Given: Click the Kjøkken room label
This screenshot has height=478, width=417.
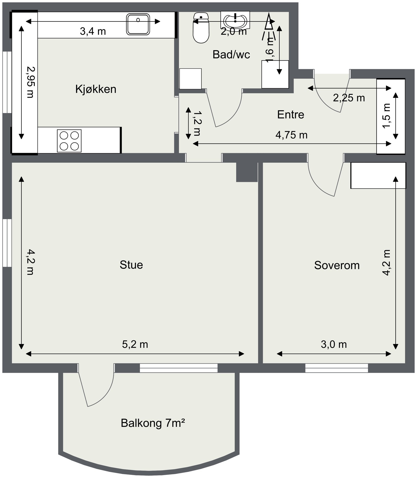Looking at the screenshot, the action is (96, 89).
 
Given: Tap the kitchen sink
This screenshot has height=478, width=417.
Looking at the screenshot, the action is (138, 24).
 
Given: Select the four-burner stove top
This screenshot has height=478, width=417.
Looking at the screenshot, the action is (69, 141).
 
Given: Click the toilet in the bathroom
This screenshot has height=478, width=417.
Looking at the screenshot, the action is (201, 28).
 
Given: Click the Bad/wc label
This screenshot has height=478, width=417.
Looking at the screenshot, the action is (231, 55).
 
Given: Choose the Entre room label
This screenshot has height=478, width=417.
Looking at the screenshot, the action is (291, 115).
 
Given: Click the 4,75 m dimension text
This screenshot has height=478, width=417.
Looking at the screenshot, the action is (291, 135).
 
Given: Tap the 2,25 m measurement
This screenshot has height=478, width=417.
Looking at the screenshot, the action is (349, 98).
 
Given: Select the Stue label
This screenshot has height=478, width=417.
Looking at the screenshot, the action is (131, 265).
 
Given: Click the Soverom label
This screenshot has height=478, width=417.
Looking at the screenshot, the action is (337, 265).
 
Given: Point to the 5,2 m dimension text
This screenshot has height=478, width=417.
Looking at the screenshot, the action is (135, 344).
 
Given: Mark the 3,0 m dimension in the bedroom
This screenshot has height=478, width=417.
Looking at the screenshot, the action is (334, 344).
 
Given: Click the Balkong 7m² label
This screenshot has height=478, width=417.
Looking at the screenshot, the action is (153, 423).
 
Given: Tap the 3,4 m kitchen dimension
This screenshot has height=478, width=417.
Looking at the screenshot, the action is (93, 31).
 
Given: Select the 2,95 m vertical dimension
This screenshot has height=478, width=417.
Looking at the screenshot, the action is (30, 82).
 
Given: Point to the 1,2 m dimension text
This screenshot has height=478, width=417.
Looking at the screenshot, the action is (197, 123).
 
